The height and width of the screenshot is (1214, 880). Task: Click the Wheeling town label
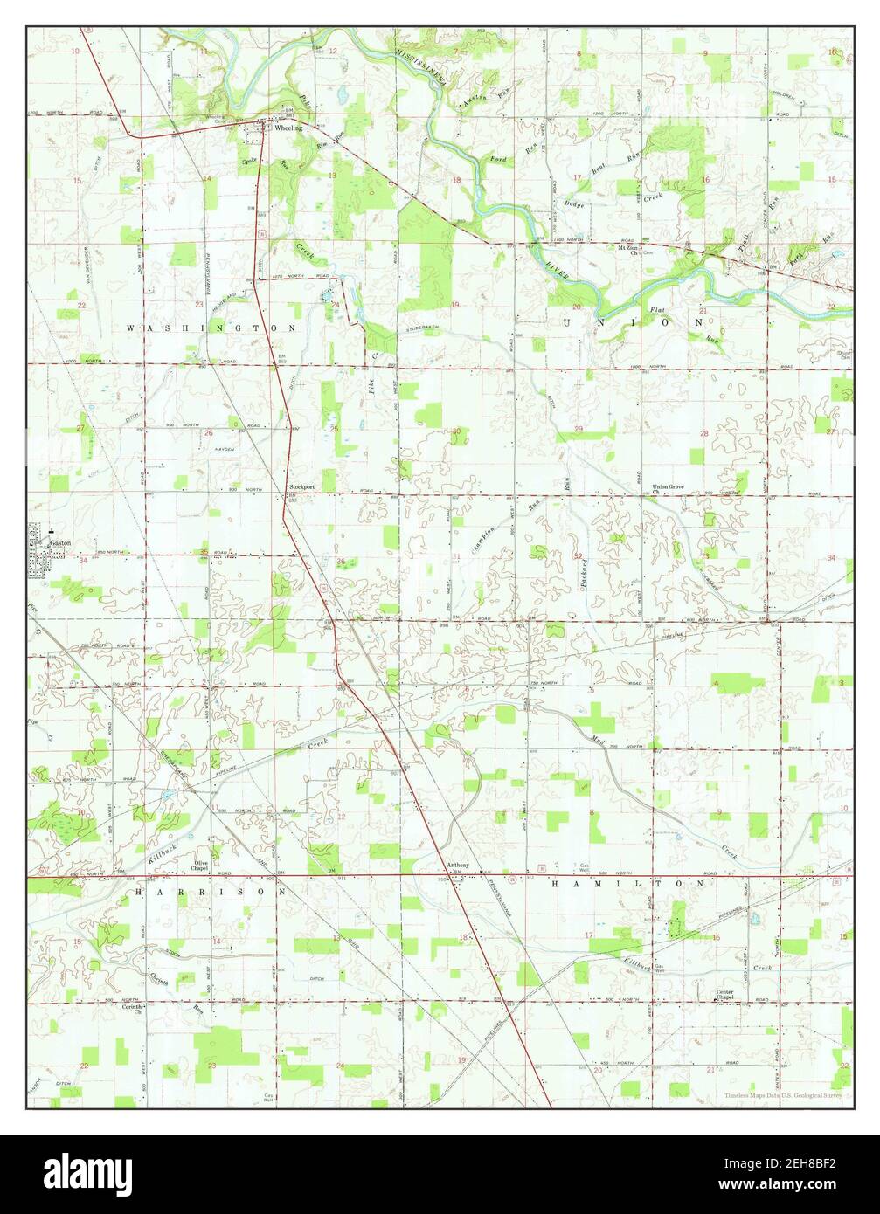pyautogui.click(x=288, y=128)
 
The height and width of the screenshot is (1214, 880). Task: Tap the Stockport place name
pyautogui.click(x=302, y=487)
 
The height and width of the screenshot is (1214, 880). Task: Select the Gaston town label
pyautogui.click(x=60, y=542)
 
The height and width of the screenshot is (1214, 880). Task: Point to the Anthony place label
pyautogui.click(x=458, y=866)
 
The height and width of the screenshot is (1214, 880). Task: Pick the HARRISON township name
pyautogui.click(x=210, y=893)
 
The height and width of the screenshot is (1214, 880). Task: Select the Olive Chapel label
pyautogui.click(x=200, y=866)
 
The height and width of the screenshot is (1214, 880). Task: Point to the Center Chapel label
pyautogui.click(x=725, y=996)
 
